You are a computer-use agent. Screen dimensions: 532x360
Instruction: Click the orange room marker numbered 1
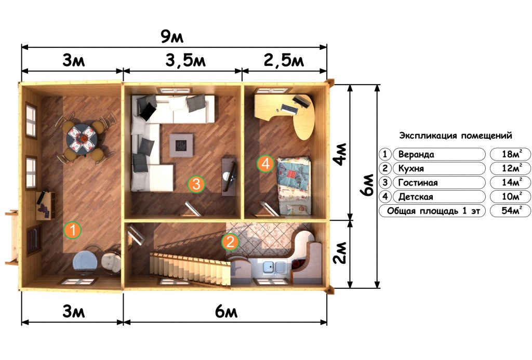[x=72, y=230]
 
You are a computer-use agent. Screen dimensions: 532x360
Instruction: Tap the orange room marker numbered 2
[x=230, y=242]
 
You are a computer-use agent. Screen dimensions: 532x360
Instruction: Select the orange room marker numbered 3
[x=196, y=184]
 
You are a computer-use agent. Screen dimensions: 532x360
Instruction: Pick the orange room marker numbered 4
[x=265, y=164]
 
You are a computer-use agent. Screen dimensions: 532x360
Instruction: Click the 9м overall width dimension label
[x=172, y=37]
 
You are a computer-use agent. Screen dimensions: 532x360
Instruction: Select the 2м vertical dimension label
[x=340, y=253]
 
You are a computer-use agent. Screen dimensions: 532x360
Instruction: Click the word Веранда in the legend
[x=416, y=154]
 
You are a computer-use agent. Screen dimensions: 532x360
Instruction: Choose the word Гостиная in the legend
[x=418, y=182]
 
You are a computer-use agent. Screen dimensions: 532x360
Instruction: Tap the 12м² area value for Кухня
[x=512, y=168]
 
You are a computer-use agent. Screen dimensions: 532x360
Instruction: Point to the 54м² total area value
[x=512, y=210]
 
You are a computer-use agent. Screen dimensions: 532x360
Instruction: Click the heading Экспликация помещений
[x=455, y=136]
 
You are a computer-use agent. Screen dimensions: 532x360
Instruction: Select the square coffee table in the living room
[x=181, y=145]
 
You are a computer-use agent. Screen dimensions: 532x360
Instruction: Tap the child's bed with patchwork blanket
[x=294, y=185]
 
